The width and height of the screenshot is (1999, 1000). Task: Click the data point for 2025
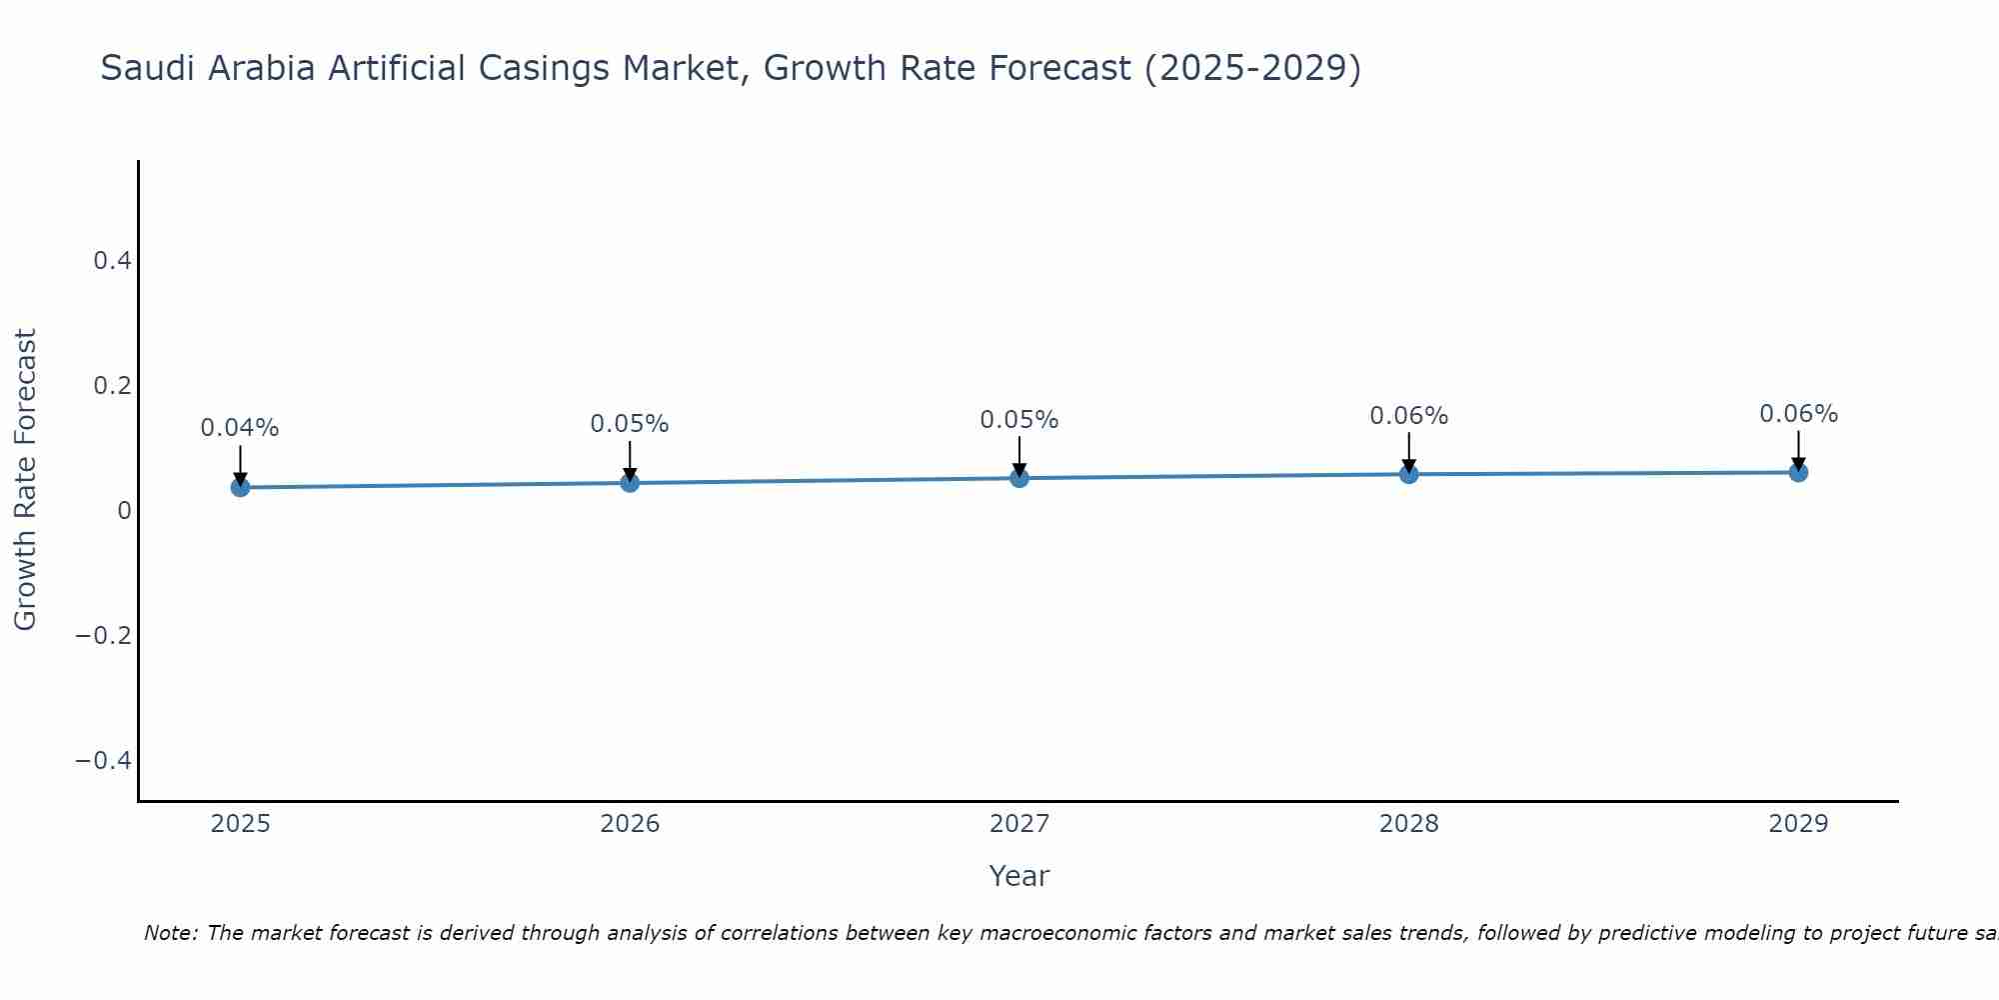[240, 487]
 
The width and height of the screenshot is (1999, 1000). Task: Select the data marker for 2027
[1019, 478]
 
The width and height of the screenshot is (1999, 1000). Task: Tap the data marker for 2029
[1798, 472]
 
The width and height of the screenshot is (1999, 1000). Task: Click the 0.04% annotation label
[240, 428]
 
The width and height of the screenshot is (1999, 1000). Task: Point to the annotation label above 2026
[630, 424]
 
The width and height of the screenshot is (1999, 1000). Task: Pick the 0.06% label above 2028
[1408, 416]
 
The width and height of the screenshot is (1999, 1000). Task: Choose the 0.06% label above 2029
[1798, 414]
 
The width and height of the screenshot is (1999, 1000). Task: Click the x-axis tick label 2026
[630, 824]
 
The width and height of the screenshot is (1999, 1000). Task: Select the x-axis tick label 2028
[1408, 824]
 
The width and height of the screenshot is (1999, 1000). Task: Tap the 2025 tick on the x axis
[240, 824]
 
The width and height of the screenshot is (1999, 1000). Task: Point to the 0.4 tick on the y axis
[112, 261]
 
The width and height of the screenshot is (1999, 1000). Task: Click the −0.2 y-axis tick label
[103, 636]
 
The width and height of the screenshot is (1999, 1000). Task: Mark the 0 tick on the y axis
[124, 511]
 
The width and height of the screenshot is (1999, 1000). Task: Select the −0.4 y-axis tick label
[103, 761]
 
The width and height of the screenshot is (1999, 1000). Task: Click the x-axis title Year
[1018, 876]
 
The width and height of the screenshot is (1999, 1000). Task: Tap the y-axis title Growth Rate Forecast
[25, 479]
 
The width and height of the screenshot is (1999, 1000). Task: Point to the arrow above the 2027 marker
[1019, 456]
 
